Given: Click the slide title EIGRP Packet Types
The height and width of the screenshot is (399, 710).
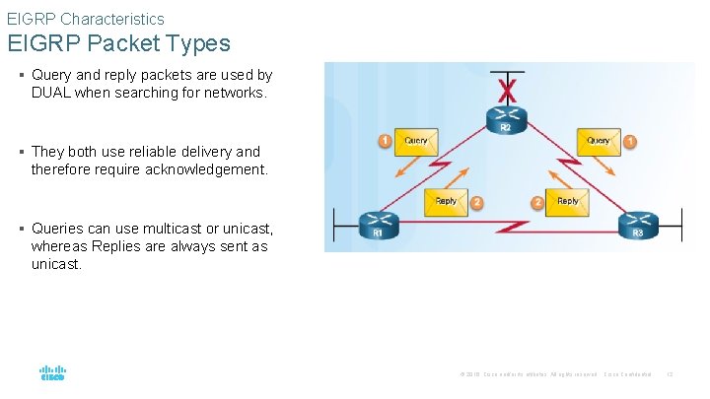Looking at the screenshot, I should (x=118, y=44).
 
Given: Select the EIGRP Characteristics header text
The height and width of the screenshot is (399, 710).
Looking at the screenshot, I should (x=86, y=19).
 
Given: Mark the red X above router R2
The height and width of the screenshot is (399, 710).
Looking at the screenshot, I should (x=508, y=90).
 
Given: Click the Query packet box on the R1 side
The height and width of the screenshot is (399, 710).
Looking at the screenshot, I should (x=416, y=142).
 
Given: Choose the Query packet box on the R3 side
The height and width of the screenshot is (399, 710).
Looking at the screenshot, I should (x=599, y=142).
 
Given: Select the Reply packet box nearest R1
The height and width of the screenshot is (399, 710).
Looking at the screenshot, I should (x=447, y=202).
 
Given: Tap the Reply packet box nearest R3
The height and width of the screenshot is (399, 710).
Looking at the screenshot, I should (x=568, y=202).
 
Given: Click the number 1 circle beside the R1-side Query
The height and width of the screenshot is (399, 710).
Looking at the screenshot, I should (x=385, y=142).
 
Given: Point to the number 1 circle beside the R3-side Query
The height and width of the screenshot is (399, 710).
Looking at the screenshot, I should (x=631, y=142).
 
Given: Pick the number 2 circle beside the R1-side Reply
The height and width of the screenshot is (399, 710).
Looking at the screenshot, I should (x=477, y=202).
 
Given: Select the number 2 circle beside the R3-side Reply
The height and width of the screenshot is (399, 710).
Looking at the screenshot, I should (x=537, y=202).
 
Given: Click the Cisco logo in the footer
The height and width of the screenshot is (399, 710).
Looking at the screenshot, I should (x=52, y=373).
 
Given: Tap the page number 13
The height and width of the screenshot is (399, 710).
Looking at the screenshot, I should (x=671, y=374).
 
